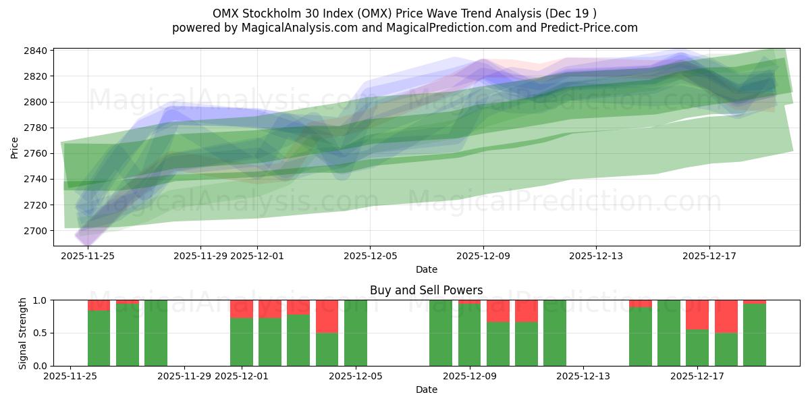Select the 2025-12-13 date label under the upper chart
click(596, 256)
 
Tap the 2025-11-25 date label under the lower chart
click(72, 376)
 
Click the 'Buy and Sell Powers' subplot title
click(426, 291)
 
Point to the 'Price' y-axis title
click(15, 146)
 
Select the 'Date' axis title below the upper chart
click(426, 269)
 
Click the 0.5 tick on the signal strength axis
click(40, 333)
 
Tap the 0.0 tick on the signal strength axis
click(40, 366)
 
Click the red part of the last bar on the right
click(754, 302)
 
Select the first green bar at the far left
click(99, 337)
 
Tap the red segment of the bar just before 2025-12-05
click(327, 316)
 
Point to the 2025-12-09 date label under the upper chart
click(483, 256)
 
